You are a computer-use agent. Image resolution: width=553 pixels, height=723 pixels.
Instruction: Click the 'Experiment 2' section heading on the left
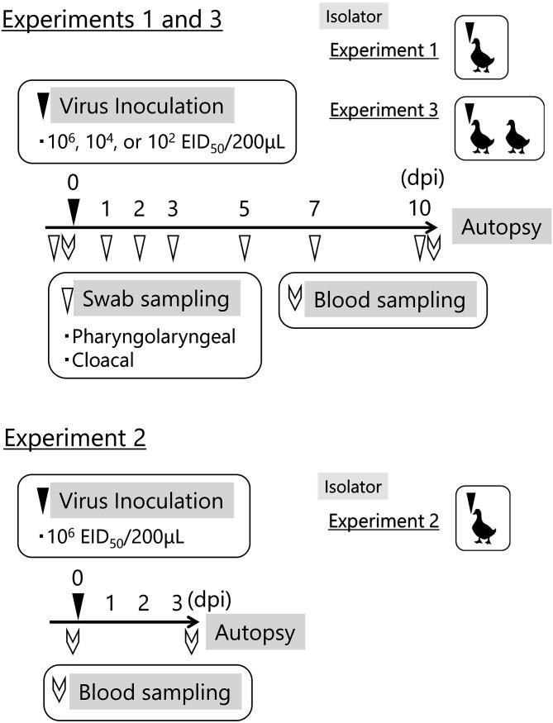point(75,437)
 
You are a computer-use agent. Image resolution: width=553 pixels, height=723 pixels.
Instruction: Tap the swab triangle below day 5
point(245,247)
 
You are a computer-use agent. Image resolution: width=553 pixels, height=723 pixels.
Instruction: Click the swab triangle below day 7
point(314,247)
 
